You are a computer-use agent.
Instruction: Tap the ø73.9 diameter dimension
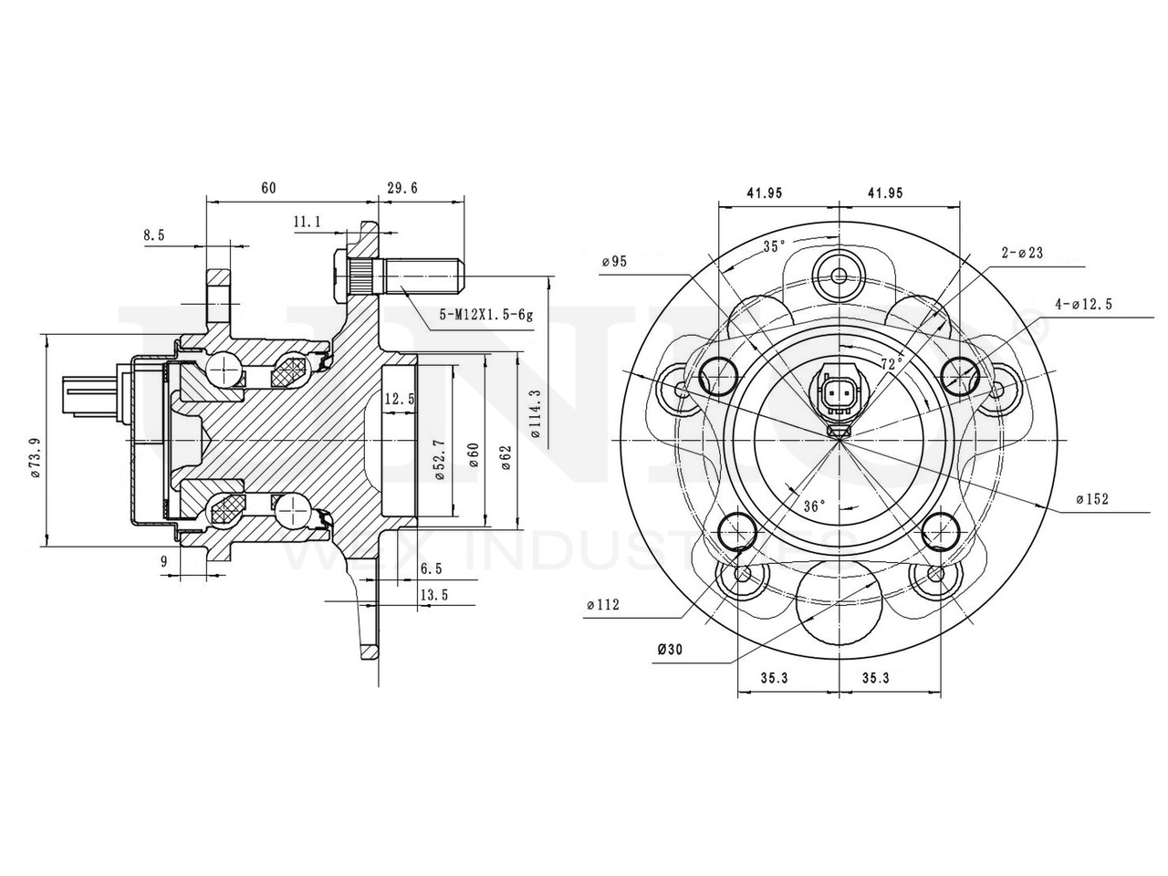[35, 456]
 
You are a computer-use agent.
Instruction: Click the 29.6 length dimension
[401, 189]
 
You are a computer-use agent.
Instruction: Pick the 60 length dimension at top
[268, 189]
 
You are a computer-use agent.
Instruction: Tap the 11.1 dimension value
[307, 222]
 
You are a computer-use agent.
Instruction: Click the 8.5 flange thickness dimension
[154, 235]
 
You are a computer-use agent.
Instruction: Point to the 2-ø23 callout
[1022, 253]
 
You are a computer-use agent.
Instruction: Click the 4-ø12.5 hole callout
[1083, 304]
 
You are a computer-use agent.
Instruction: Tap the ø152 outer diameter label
[1091, 499]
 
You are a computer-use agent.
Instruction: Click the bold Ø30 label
[670, 650]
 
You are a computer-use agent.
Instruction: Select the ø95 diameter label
[614, 262]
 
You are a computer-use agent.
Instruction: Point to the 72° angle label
[892, 362]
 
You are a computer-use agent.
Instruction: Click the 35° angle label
[774, 246]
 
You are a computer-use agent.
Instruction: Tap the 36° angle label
[814, 505]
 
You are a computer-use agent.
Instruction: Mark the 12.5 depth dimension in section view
[399, 399]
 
